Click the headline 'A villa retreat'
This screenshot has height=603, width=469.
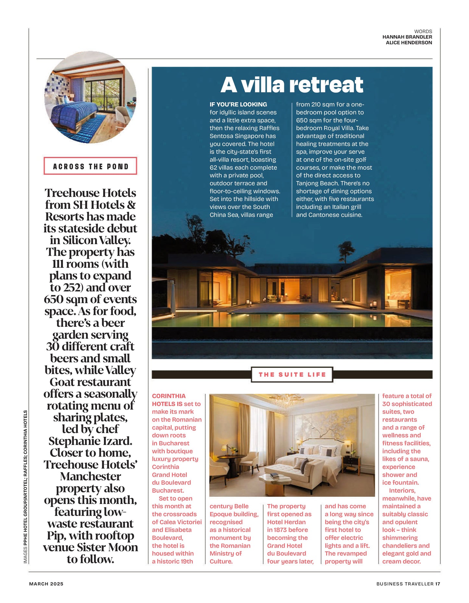pyautogui.click(x=292, y=85)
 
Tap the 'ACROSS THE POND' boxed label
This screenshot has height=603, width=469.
pyautogui.click(x=91, y=166)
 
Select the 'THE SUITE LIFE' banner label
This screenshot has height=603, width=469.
pyautogui.click(x=292, y=375)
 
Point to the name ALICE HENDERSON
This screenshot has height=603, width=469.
pyautogui.click(x=409, y=43)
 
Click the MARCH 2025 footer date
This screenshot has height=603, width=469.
pyautogui.click(x=46, y=584)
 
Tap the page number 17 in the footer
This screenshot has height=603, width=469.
pyautogui.click(x=438, y=584)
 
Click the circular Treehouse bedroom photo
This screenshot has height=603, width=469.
pyautogui.click(x=90, y=97)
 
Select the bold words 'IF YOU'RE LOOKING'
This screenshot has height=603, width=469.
pyautogui.click(x=238, y=105)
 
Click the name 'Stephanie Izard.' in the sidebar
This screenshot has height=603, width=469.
pyautogui.click(x=91, y=441)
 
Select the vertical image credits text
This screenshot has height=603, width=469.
pyautogui.click(x=25, y=487)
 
